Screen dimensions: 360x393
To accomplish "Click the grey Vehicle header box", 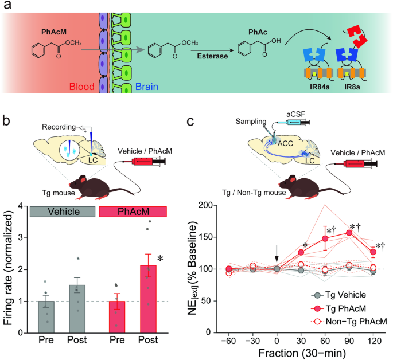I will click(62, 210).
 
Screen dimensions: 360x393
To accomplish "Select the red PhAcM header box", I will click(133, 210).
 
